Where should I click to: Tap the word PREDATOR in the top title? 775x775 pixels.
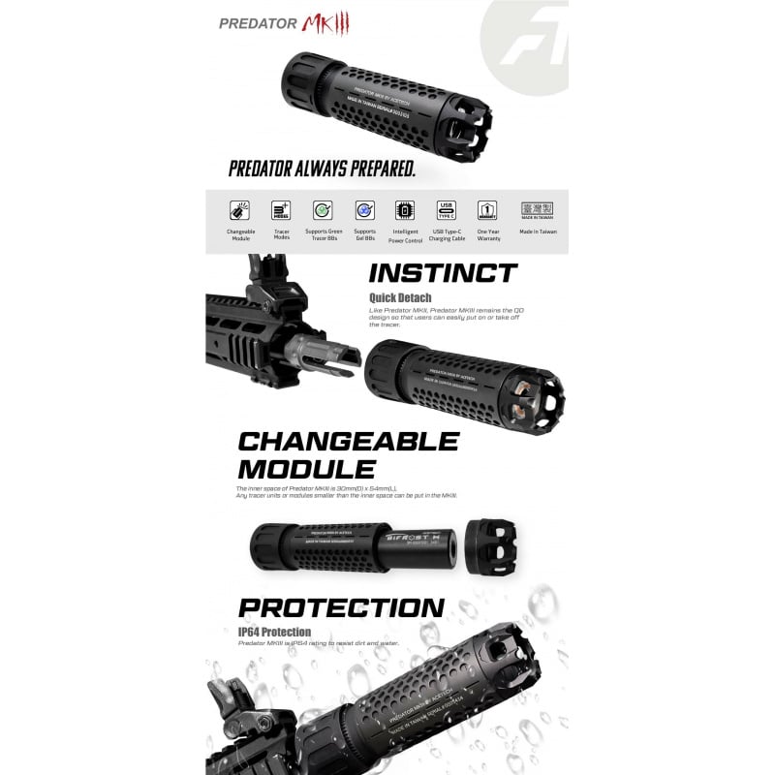pyautogui.click(x=257, y=23)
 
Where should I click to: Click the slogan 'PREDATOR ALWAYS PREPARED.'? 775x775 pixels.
pyautogui.click(x=322, y=169)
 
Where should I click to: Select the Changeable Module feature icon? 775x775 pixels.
pyautogui.click(x=240, y=210)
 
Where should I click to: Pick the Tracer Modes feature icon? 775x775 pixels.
pyautogui.click(x=282, y=210)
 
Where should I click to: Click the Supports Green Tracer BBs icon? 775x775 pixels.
pyautogui.click(x=324, y=210)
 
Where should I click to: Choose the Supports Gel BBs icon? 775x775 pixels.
pyautogui.click(x=364, y=210)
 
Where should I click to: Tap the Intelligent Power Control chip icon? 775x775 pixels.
pyautogui.click(x=405, y=210)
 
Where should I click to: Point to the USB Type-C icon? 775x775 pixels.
pyautogui.click(x=446, y=209)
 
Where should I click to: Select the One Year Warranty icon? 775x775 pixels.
pyautogui.click(x=487, y=210)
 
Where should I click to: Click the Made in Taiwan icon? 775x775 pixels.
pyautogui.click(x=537, y=209)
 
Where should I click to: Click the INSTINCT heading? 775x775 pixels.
pyautogui.click(x=443, y=272)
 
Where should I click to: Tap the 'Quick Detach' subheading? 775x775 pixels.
pyautogui.click(x=400, y=297)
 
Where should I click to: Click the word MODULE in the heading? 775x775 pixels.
pyautogui.click(x=300, y=470)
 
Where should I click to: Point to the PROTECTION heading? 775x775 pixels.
pyautogui.click(x=341, y=608)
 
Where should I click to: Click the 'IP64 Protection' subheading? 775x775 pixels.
pyautogui.click(x=275, y=633)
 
